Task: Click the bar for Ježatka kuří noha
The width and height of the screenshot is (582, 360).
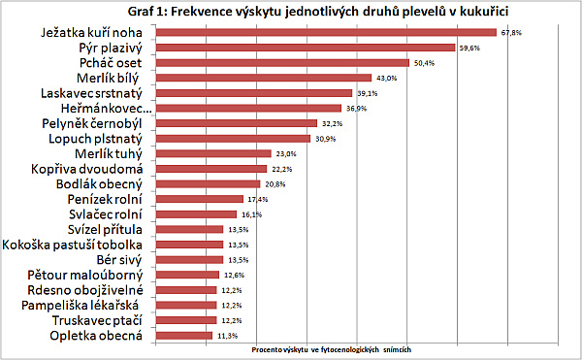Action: click(326, 32)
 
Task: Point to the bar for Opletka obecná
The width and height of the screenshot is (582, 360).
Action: click(183, 335)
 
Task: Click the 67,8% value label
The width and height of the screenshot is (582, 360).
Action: click(511, 32)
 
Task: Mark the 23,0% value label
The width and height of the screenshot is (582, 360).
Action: click(287, 153)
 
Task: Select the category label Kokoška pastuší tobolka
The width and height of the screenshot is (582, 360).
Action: click(75, 245)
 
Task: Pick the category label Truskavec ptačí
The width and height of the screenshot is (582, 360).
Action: click(94, 320)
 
